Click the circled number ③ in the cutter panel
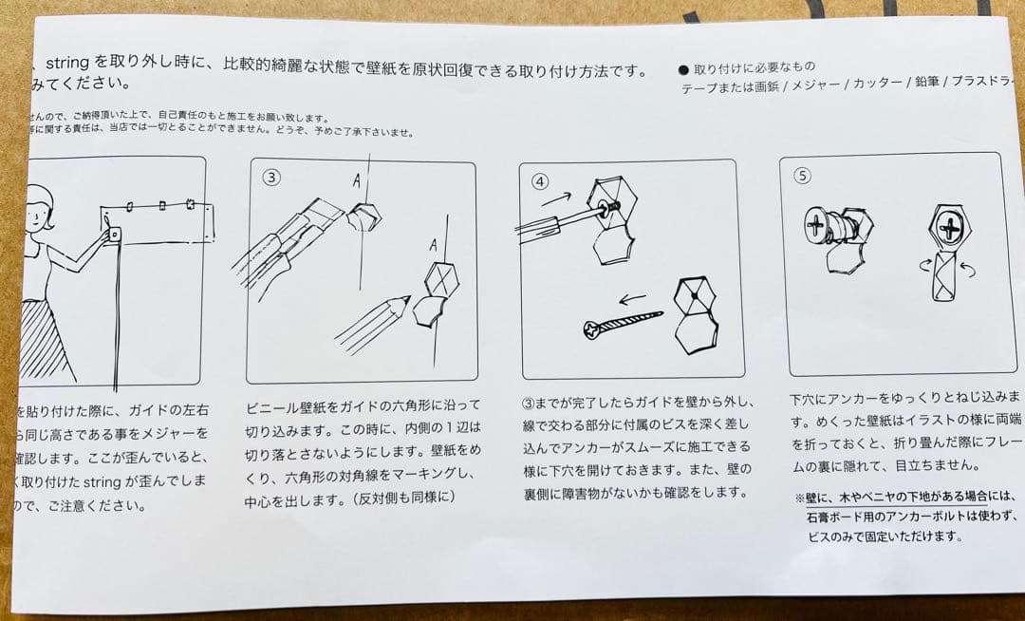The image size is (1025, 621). coord(271,178)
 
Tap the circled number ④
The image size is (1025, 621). coord(540,180)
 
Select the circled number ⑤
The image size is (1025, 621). coord(802,175)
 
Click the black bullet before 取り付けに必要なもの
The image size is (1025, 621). coord(683,69)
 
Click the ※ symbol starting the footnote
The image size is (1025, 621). coord(798,497)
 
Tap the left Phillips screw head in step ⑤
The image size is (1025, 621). coord(817,225)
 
